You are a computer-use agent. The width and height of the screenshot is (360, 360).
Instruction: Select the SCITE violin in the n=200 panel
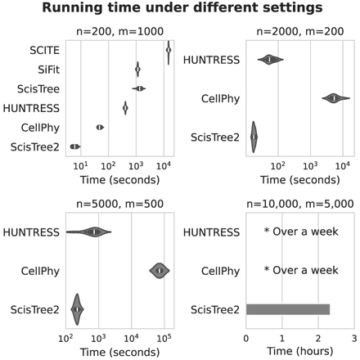(x=168, y=51)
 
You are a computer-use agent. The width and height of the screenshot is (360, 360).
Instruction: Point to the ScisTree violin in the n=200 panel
(x=139, y=88)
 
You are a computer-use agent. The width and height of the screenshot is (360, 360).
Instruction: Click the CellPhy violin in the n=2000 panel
(x=334, y=98)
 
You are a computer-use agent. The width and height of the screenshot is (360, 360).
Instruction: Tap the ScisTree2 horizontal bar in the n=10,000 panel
(x=287, y=309)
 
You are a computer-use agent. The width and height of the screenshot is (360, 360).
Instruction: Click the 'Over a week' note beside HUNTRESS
(x=300, y=232)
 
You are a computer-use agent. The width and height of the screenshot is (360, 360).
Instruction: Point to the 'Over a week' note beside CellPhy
(x=300, y=270)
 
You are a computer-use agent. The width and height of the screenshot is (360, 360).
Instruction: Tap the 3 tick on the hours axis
(x=353, y=336)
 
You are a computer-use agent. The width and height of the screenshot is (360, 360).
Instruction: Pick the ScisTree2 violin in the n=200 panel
(x=74, y=146)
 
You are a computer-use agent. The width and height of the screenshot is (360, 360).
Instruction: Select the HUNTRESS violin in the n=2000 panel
(x=270, y=59)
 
